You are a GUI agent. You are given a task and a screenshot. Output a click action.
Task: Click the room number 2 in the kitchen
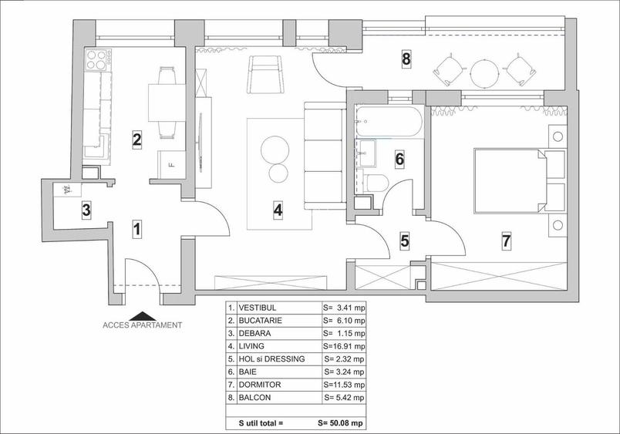(x=136, y=140)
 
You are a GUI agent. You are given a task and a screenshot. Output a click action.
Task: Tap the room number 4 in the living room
(x=278, y=208)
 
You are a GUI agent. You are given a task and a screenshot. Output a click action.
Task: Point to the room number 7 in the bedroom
(x=506, y=241)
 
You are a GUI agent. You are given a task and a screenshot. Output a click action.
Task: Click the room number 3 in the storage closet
(x=86, y=209)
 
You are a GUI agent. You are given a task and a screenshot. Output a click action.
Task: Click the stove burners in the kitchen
(x=96, y=60)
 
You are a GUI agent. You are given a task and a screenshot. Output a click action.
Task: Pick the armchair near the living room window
(x=265, y=75)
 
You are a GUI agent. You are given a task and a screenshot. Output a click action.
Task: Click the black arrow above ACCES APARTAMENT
(x=142, y=315)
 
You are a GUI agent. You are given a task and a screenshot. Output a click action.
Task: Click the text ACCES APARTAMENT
(x=143, y=325)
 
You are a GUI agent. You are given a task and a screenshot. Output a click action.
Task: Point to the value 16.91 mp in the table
(x=343, y=345)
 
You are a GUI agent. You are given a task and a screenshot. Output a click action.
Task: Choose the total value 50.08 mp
(x=343, y=423)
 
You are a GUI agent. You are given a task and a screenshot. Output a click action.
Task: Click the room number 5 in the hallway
(x=404, y=241)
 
